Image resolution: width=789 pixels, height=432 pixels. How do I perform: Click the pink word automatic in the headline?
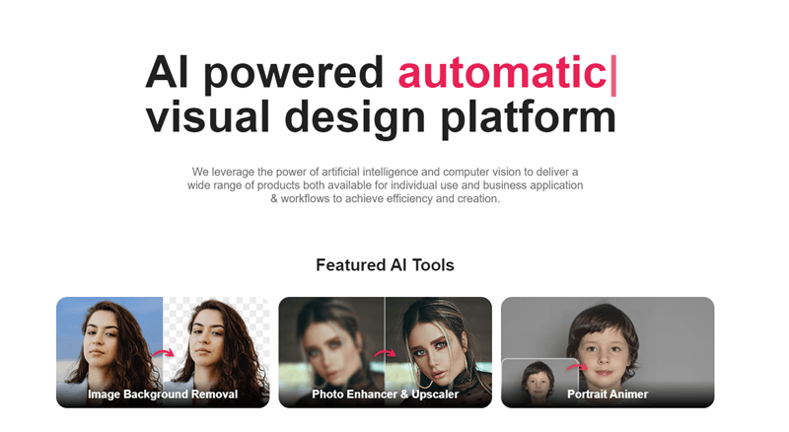coord(502,72)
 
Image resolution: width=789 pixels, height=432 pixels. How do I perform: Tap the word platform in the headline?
coord(529,118)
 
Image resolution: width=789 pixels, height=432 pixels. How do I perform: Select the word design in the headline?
coord(355,118)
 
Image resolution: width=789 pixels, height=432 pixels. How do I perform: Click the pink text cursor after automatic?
coord(612,76)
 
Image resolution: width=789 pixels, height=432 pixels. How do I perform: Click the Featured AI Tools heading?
coord(385,265)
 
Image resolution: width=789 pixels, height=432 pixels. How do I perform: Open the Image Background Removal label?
coord(163,395)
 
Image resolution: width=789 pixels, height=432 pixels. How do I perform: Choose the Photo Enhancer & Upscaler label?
coord(385,395)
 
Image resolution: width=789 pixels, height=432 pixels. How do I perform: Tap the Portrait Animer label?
coord(608,395)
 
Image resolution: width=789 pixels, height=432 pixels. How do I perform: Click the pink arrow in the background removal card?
coord(163,352)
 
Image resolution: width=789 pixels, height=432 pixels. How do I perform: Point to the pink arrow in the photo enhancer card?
coord(385,353)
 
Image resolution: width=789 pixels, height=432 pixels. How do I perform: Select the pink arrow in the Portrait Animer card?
coord(577,367)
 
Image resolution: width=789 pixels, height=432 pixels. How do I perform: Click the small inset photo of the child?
coord(539,380)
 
